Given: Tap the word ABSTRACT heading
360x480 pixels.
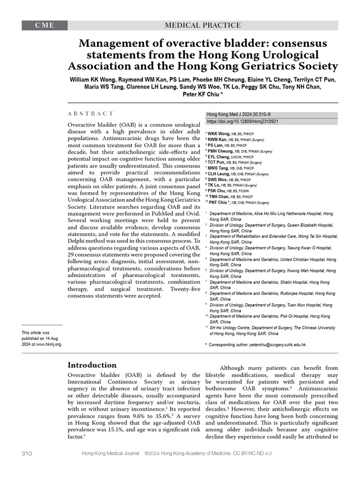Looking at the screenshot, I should tap(90, 113).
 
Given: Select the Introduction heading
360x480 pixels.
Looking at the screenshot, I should tap(92, 365).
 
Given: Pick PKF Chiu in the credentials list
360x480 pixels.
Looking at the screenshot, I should tap(222, 202).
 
